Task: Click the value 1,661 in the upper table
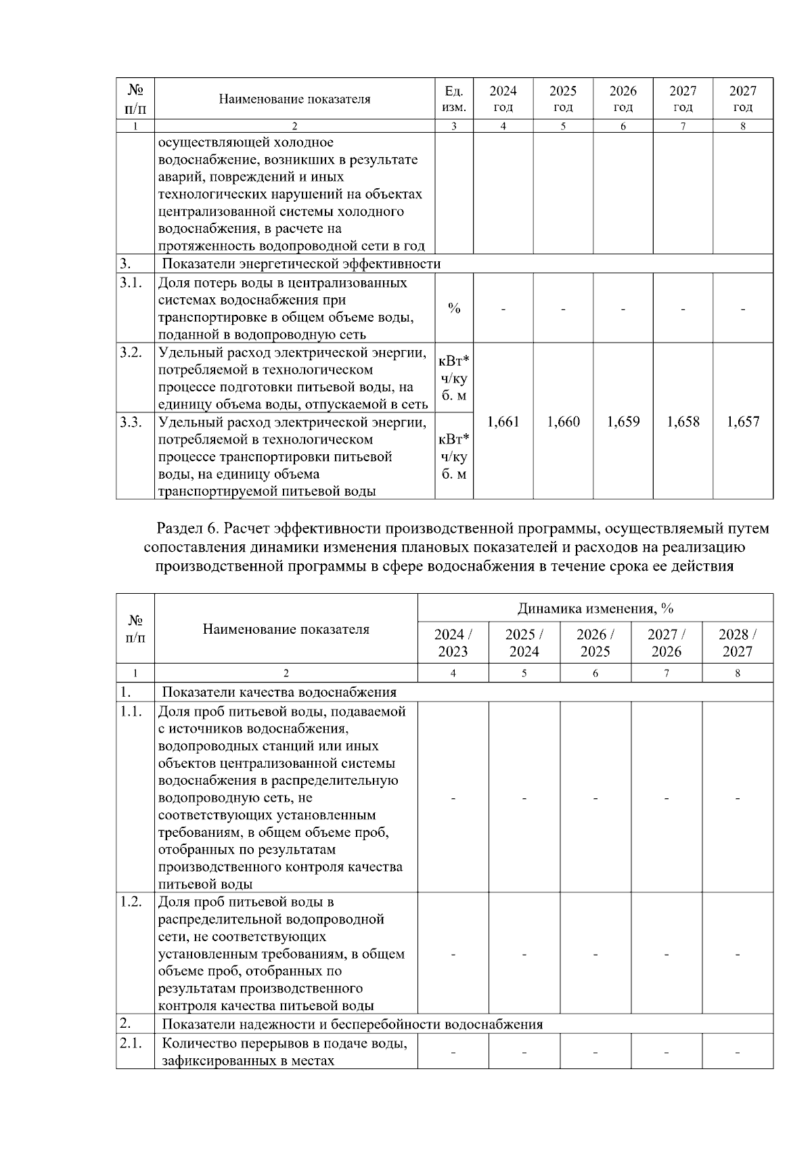503,422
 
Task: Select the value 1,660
563,422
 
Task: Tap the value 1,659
623,422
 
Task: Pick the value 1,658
683,422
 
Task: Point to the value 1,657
743,422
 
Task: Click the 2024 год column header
503,99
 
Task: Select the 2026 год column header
623,99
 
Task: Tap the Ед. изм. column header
453,99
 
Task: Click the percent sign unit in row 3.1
454,309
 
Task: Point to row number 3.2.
131,352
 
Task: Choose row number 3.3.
131,422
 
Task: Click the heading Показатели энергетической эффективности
301,264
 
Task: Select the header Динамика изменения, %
595,608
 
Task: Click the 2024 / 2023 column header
453,643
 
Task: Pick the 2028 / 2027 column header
738,643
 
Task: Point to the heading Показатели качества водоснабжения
279,692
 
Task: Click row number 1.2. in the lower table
131,902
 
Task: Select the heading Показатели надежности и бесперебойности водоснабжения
352,1024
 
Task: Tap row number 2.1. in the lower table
131,1043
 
